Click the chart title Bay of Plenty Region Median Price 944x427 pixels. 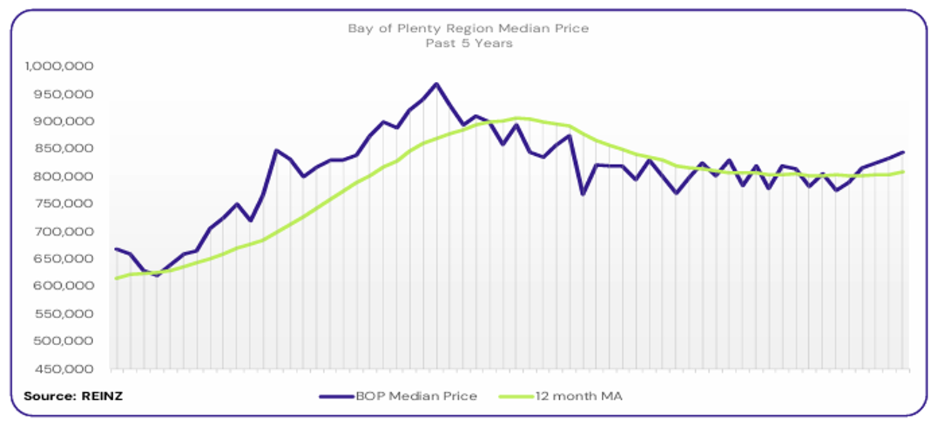[468, 28]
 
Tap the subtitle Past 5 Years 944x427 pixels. [469, 43]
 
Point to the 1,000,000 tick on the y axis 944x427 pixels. [60, 66]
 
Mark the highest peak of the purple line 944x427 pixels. [436, 84]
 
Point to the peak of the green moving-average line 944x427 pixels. [517, 117]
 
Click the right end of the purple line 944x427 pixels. [903, 152]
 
